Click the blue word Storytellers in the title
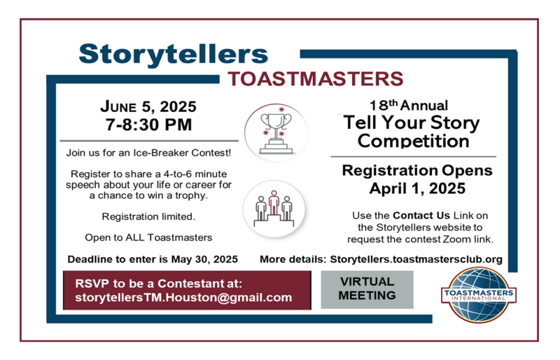click(173, 55)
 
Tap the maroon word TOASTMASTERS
click(316, 78)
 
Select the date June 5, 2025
click(148, 106)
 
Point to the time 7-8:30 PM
click(148, 125)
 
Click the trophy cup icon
click(276, 133)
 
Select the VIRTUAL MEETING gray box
click(367, 289)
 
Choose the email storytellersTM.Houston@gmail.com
click(183, 298)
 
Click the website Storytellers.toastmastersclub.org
click(416, 259)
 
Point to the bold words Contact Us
click(421, 216)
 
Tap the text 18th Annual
click(409, 106)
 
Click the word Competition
click(413, 141)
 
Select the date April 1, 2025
click(417, 188)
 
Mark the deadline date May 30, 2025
click(204, 259)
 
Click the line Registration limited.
click(148, 216)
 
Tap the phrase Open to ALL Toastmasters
click(148, 237)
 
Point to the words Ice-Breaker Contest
click(181, 153)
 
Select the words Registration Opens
click(417, 170)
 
